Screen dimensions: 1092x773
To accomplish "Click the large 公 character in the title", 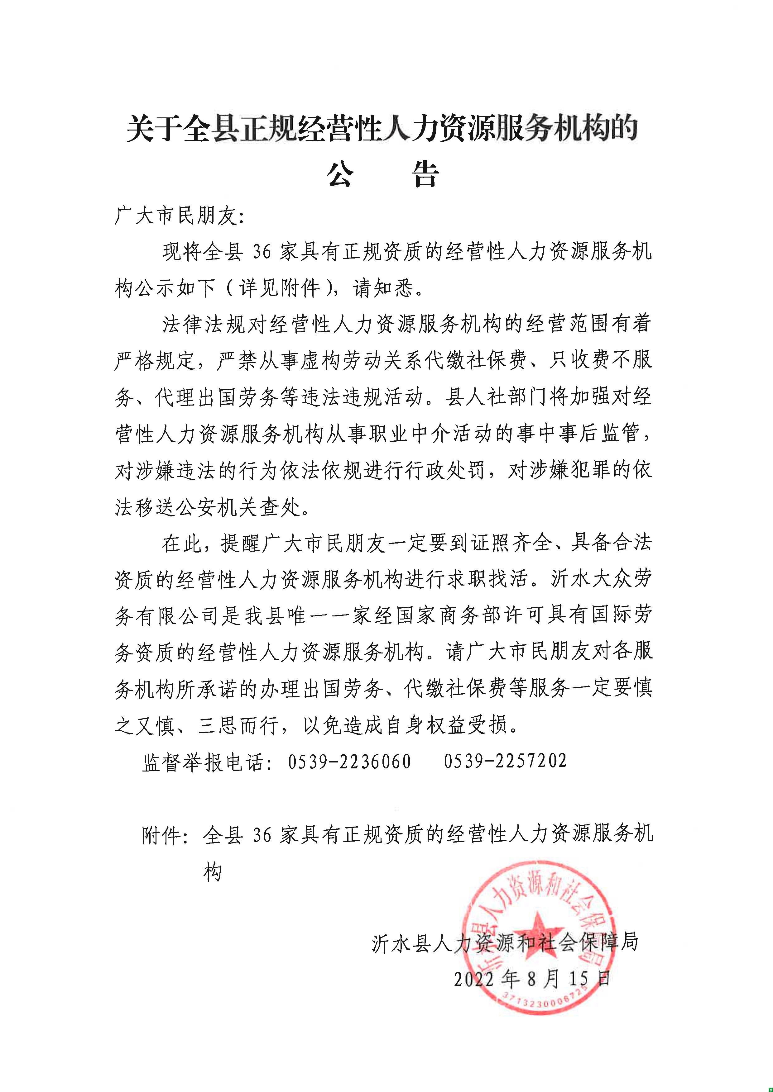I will click(340, 174).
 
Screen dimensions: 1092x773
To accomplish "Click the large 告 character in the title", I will click(425, 174).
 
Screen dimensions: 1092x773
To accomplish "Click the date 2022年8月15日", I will click(532, 979).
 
